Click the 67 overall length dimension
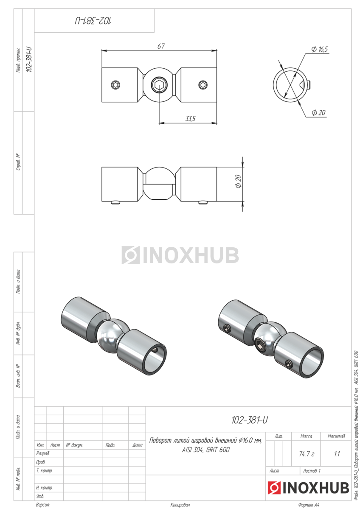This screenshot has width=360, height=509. pyautogui.click(x=161, y=46)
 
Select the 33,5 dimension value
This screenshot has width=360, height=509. pyautogui.click(x=190, y=118)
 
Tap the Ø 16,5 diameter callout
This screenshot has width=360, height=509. pyautogui.click(x=320, y=49)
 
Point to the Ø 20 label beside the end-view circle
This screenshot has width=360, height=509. pyautogui.click(x=318, y=112)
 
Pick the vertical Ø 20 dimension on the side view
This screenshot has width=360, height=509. pyautogui.click(x=238, y=181)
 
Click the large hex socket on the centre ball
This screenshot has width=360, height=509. pyautogui.click(x=159, y=85)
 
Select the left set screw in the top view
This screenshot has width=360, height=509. pyautogui.click(x=115, y=85)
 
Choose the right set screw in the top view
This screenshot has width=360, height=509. pyautogui.click(x=202, y=85)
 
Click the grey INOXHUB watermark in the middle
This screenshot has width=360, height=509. pyautogui.click(x=180, y=255)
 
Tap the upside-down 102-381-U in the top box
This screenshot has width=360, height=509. pyautogui.click(x=93, y=21)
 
